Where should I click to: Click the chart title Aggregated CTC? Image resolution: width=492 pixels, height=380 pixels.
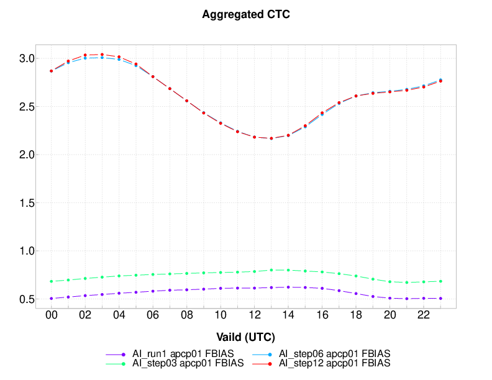[246, 15]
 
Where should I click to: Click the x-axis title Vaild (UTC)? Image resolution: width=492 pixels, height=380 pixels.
[246, 337]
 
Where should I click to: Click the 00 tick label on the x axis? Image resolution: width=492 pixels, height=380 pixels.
[52, 316]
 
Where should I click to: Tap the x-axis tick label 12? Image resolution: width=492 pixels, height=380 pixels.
[254, 316]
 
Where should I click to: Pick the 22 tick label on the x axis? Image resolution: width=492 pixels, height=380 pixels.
[423, 316]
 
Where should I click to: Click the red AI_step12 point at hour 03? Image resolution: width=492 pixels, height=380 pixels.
[102, 55]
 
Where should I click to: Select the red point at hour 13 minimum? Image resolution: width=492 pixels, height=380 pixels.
[271, 138]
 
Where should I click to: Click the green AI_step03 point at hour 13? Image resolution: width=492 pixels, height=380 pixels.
[271, 270]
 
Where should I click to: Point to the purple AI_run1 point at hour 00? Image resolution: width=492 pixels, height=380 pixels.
[52, 299]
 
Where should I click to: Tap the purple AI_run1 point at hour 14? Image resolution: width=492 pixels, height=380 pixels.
[288, 287]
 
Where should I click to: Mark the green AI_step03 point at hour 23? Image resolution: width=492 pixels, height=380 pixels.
[440, 281]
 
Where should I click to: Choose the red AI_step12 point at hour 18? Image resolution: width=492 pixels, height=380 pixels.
[356, 96]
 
